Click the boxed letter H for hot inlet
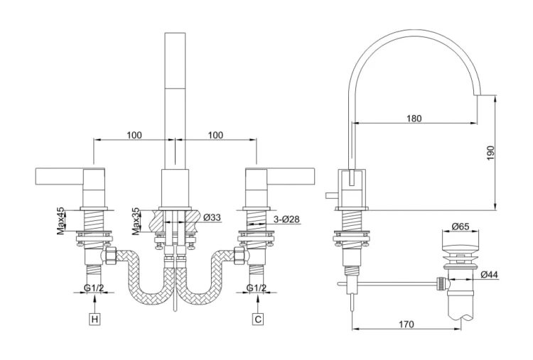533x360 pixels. click(x=95, y=320)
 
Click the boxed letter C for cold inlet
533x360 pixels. click(x=259, y=320)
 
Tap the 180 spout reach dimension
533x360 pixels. click(x=414, y=119)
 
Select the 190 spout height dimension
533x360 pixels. click(x=490, y=153)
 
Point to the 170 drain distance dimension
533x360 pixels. click(x=407, y=324)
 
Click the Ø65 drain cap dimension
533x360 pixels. click(x=461, y=227)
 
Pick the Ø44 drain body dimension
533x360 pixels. click(x=490, y=274)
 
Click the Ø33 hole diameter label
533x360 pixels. click(x=212, y=217)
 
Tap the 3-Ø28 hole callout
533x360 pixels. click(x=286, y=219)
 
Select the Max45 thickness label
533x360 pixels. click(x=61, y=221)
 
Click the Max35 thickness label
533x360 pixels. click(x=136, y=221)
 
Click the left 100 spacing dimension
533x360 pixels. click(x=134, y=135)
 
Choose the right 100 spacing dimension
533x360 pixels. click(x=215, y=135)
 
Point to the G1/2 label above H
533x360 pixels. click(x=94, y=288)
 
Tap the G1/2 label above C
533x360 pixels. click(x=257, y=288)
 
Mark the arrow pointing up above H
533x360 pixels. click(x=95, y=305)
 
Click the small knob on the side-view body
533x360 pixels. click(x=331, y=196)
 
